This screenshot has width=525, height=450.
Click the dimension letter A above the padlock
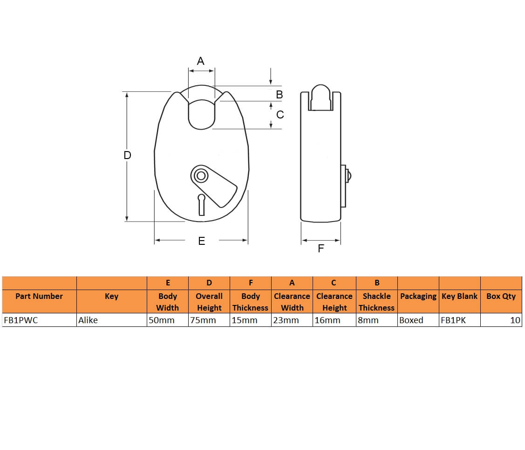coord(201,61)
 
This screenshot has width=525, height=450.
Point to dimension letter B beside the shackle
coord(279,95)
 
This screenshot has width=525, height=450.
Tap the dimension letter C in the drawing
coord(280,115)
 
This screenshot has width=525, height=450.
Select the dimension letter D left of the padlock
coord(127,155)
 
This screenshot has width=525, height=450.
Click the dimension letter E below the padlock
coord(202,241)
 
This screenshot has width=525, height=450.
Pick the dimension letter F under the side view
coord(321,248)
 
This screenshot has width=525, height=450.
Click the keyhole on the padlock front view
coord(201,205)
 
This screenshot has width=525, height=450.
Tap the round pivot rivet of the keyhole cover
coord(201,176)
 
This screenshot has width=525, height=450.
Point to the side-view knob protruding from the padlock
coord(348,176)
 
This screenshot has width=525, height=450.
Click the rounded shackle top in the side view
coord(321,97)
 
